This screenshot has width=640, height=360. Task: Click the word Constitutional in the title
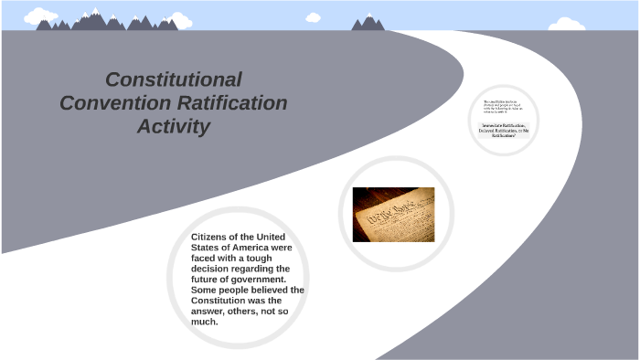(174, 79)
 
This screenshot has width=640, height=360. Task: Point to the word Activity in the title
(174, 127)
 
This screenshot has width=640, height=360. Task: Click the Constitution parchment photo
(393, 214)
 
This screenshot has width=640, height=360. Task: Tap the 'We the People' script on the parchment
(384, 219)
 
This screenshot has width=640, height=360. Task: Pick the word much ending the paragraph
(205, 322)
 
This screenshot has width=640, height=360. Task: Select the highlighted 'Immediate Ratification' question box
(505, 130)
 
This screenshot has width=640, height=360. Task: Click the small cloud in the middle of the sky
(314, 17)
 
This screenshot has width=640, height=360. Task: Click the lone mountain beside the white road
(368, 22)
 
